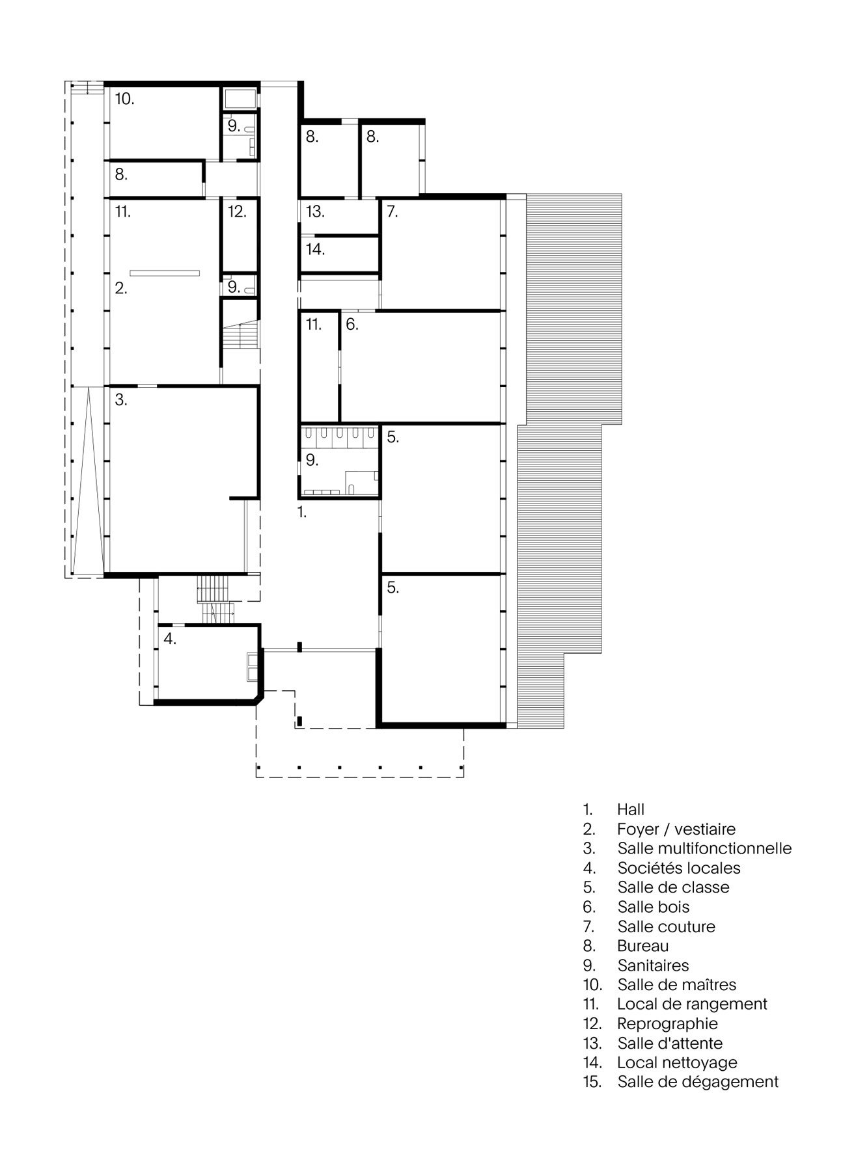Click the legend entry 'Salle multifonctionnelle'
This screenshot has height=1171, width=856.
[x=704, y=848]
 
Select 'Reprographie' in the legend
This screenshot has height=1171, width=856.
[x=667, y=1023]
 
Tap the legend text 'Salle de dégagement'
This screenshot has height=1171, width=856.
[x=698, y=1082]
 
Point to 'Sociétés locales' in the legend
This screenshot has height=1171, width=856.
[x=679, y=868]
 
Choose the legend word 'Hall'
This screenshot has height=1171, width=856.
[x=631, y=809]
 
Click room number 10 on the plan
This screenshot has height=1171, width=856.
[x=125, y=99]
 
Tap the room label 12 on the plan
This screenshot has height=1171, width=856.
[x=237, y=211]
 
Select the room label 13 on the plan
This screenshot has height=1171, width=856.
[x=315, y=211]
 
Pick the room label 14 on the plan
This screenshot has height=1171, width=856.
[x=315, y=249]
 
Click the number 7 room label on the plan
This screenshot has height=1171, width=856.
[x=392, y=211]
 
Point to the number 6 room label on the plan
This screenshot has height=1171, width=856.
[x=352, y=324]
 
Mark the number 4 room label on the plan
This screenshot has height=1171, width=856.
[x=170, y=639]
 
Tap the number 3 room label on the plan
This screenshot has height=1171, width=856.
[x=121, y=399]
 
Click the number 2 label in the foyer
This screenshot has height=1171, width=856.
[x=121, y=288]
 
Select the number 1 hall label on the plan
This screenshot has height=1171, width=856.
[x=302, y=512]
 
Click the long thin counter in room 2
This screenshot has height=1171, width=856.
[x=164, y=272]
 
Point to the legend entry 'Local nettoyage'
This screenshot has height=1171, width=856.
[x=677, y=1062]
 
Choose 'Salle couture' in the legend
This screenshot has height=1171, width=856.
[x=666, y=926]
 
